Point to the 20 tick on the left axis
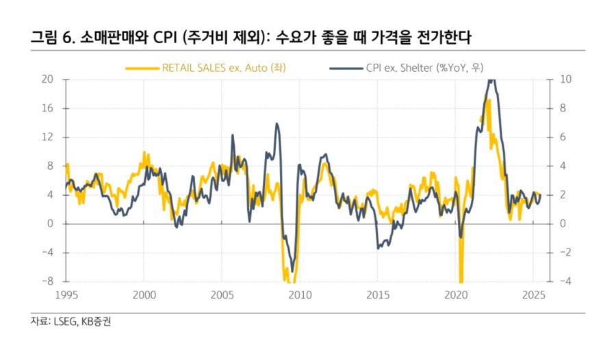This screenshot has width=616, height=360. (x=48, y=79)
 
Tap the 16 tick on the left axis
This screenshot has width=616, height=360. (x=48, y=108)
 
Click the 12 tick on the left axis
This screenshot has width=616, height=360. (x=48, y=137)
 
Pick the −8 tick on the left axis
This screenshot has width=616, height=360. (x=48, y=281)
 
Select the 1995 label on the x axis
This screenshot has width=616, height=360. (x=66, y=295)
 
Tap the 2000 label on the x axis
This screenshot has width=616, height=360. (x=144, y=295)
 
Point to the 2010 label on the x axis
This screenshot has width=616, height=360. (x=300, y=295)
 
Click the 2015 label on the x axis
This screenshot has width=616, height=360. (x=378, y=295)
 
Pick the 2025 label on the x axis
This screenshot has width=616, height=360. (x=534, y=295)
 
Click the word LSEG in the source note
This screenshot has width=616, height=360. (x=63, y=321)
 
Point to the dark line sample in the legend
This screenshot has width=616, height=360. (x=344, y=67)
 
